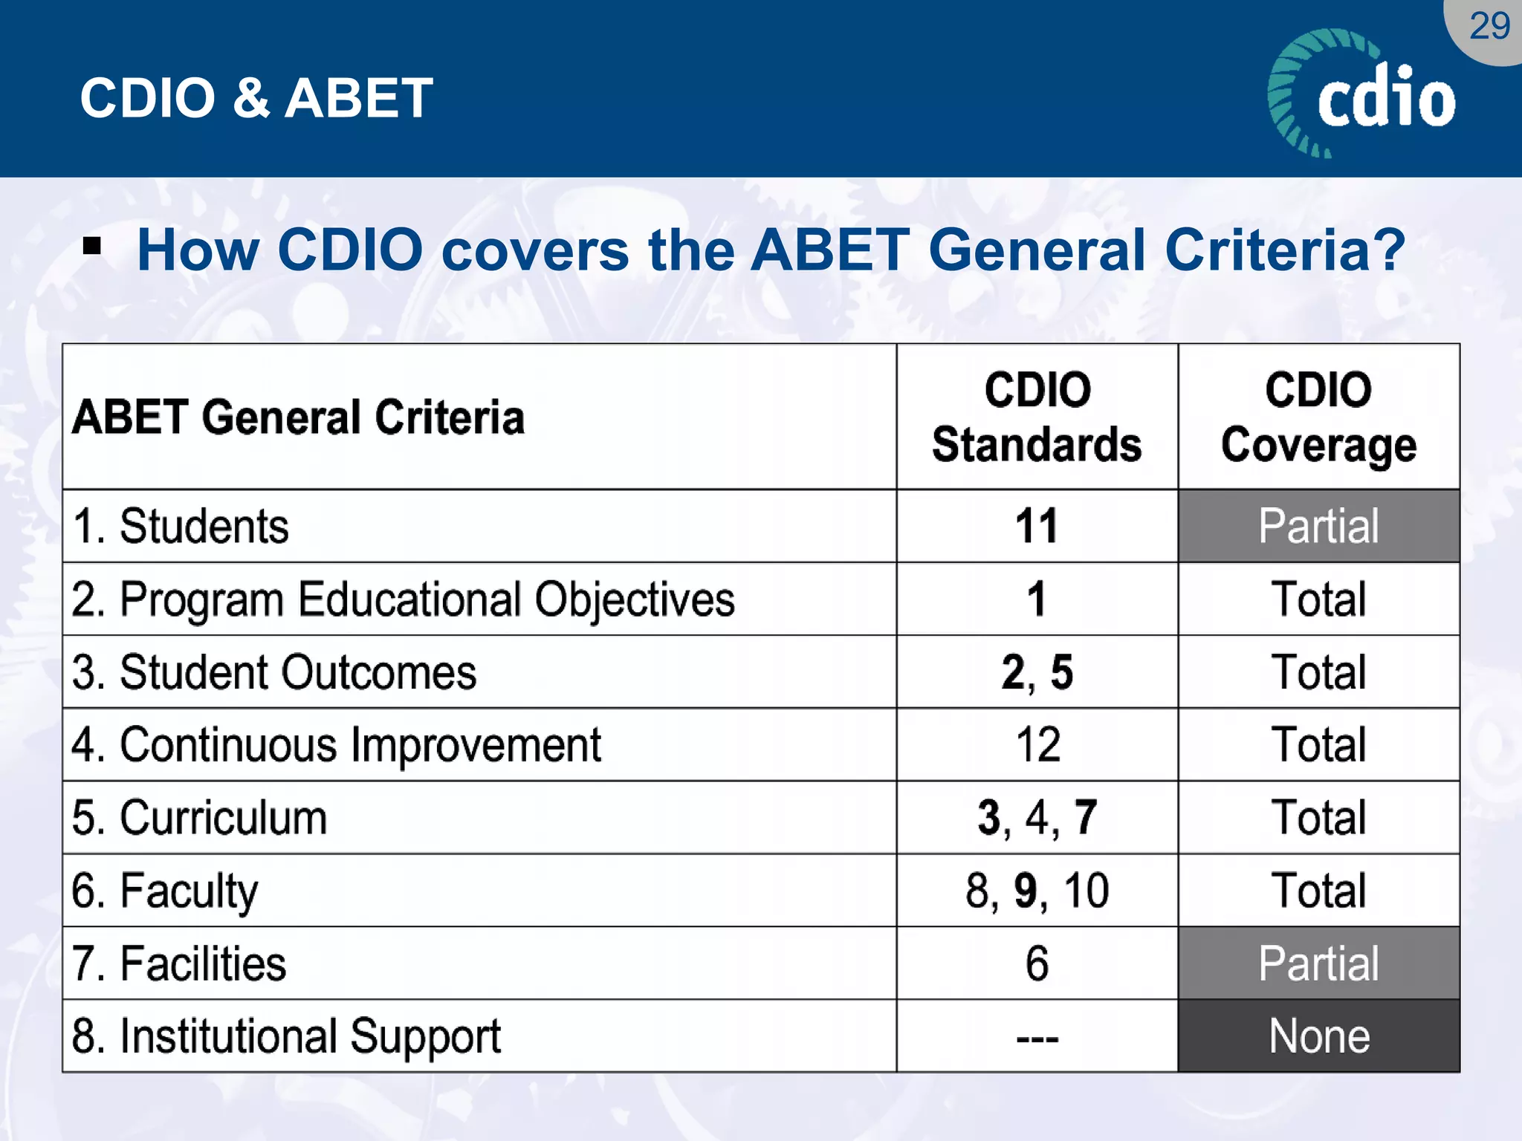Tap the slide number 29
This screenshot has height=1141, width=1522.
click(x=1489, y=27)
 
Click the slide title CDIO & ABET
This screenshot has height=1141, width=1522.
click(x=256, y=98)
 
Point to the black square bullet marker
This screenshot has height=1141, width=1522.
click(x=92, y=246)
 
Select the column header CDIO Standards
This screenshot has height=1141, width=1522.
click(x=1037, y=417)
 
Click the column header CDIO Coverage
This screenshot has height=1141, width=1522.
click(x=1318, y=417)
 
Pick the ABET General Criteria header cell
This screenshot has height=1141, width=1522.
click(x=299, y=417)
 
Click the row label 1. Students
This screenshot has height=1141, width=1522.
click(x=181, y=526)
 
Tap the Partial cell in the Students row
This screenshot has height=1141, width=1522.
click(x=1318, y=526)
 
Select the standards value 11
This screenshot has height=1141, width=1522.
click(x=1037, y=526)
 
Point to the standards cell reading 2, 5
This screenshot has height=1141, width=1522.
click(x=1037, y=672)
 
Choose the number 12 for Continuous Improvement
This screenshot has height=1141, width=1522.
click(x=1037, y=744)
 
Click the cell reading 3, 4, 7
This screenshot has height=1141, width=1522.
click(x=1037, y=817)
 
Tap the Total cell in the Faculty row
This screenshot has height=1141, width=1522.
click(x=1318, y=890)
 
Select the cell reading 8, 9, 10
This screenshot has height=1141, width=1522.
click(x=1037, y=890)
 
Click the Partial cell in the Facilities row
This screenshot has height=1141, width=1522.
click(x=1318, y=963)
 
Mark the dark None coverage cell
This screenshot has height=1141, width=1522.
click(x=1318, y=1036)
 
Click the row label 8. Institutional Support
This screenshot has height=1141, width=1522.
click(x=286, y=1036)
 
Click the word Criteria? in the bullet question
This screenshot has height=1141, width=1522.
click(x=1285, y=250)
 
